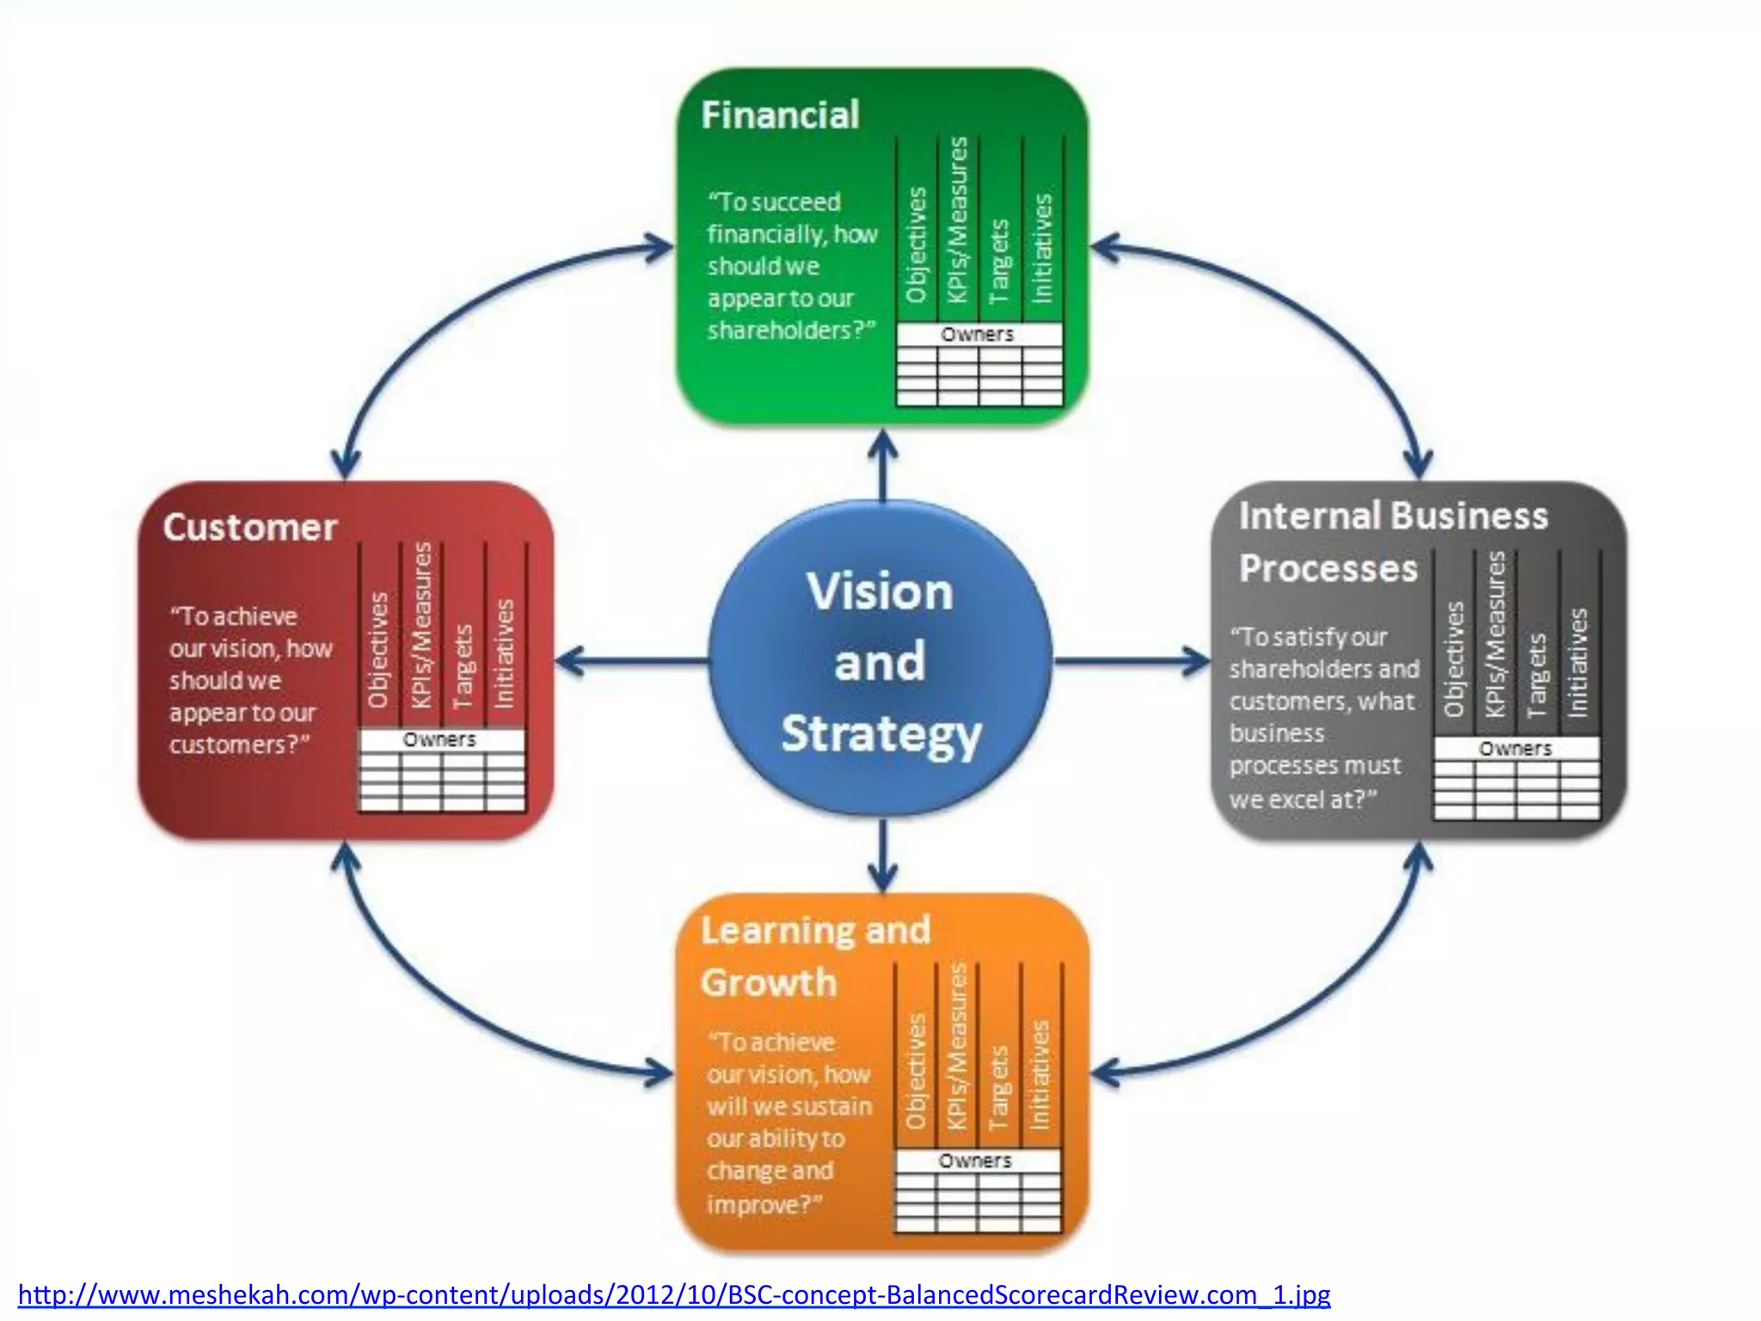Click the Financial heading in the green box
[779, 115]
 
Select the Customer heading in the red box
[249, 527]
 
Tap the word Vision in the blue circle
[880, 592]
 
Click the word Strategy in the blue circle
[880, 734]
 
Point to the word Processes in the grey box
[1328, 568]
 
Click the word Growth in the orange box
[768, 982]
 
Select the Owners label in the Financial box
[978, 334]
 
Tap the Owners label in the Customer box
[439, 740]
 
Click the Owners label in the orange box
[975, 1160]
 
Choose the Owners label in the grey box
[1515, 748]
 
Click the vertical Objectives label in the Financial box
[917, 245]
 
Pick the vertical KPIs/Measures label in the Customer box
[420, 625]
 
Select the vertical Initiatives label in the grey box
[1578, 662]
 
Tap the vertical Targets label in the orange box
[997, 1087]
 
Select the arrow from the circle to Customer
[632, 660]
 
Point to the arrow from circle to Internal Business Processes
[1131, 660]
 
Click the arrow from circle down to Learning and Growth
[882, 857]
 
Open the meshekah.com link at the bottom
[673, 1294]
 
